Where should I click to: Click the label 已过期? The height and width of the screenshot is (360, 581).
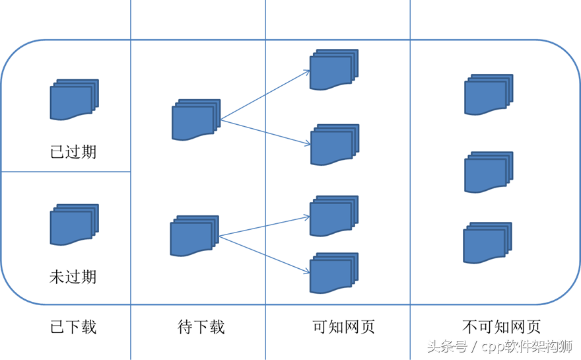pos(73,152)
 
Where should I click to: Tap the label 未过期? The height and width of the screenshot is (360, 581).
pos(73,277)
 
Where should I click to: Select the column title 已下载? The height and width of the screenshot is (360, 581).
pos(73,327)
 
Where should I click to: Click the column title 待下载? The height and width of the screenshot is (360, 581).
pos(201,327)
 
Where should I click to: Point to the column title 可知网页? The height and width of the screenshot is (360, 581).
pos(343,327)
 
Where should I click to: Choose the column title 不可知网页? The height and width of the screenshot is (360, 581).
pos(501,327)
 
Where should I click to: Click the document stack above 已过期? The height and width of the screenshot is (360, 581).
pos(74,99)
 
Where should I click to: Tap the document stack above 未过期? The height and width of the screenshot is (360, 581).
pos(74,225)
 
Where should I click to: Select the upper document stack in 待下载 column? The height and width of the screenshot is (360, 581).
pos(196,120)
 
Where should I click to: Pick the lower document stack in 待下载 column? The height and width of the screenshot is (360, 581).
pos(195,236)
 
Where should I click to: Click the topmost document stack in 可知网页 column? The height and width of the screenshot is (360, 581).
pos(334,70)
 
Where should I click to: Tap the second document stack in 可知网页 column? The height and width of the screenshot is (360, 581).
pos(335,145)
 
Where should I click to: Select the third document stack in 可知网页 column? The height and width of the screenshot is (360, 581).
pos(334,216)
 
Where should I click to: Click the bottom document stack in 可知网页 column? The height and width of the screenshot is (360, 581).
pos(334,273)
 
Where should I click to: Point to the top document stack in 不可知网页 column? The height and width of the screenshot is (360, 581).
pos(489,94)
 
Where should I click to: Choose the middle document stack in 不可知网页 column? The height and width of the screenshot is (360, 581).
pos(489,172)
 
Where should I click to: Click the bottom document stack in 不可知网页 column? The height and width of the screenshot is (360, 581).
pos(488,243)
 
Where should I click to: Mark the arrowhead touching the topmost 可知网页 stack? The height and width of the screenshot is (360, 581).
pos(307,72)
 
